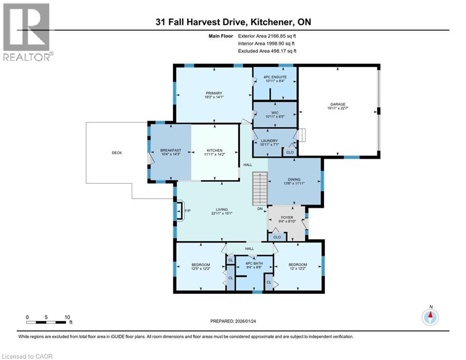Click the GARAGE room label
[x=336, y=105]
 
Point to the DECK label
[x=117, y=152]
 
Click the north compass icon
[x=430, y=317]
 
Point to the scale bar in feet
[x=46, y=321]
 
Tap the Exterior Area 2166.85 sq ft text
[x=267, y=36]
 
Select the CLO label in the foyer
[x=277, y=237]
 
